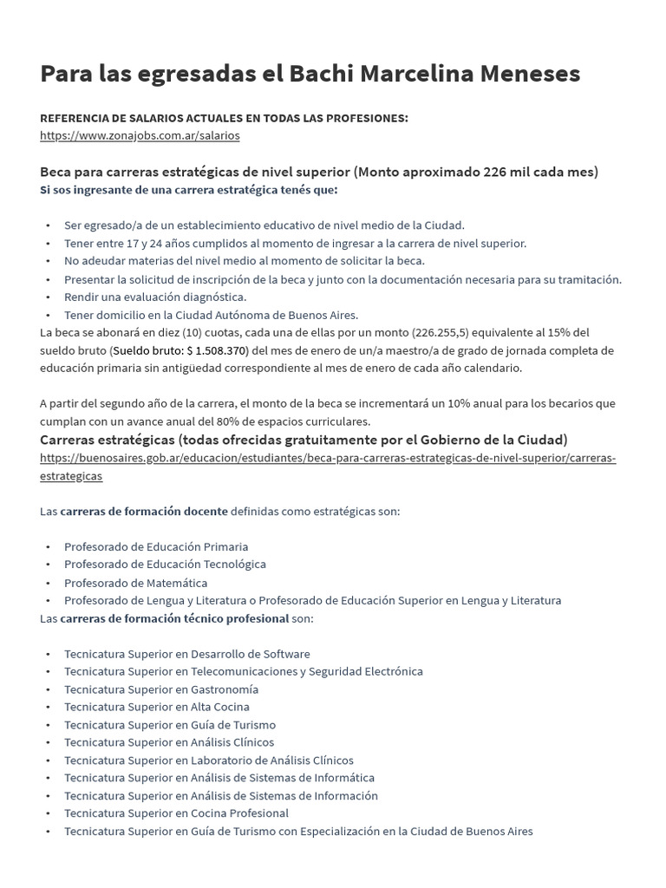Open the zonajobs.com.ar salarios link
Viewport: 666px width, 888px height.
pos(140,135)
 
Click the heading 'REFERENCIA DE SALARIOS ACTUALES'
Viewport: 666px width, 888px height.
pos(224,118)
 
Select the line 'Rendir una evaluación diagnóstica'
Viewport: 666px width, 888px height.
pos(155,297)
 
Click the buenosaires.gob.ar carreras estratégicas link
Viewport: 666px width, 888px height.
pos(328,458)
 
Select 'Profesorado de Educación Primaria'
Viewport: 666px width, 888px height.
pos(156,546)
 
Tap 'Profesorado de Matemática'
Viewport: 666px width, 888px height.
pos(136,583)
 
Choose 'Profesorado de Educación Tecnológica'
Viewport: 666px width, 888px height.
pos(165,564)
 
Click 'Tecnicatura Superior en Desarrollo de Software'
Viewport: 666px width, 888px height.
pos(186,654)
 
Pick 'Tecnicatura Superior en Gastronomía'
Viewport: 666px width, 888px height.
pos(161,689)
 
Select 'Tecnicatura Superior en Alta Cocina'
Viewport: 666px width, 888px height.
pos(158,707)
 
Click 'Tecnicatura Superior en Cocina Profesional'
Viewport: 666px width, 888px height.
pos(176,813)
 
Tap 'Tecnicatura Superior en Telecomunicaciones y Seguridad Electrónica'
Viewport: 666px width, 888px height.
pos(244,671)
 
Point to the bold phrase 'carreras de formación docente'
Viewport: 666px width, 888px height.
pos(144,511)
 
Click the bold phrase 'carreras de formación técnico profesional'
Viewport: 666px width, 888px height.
pos(174,618)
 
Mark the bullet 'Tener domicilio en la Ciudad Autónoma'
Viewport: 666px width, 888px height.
pos(211,315)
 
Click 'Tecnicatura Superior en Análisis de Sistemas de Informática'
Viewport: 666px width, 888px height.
pos(219,778)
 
